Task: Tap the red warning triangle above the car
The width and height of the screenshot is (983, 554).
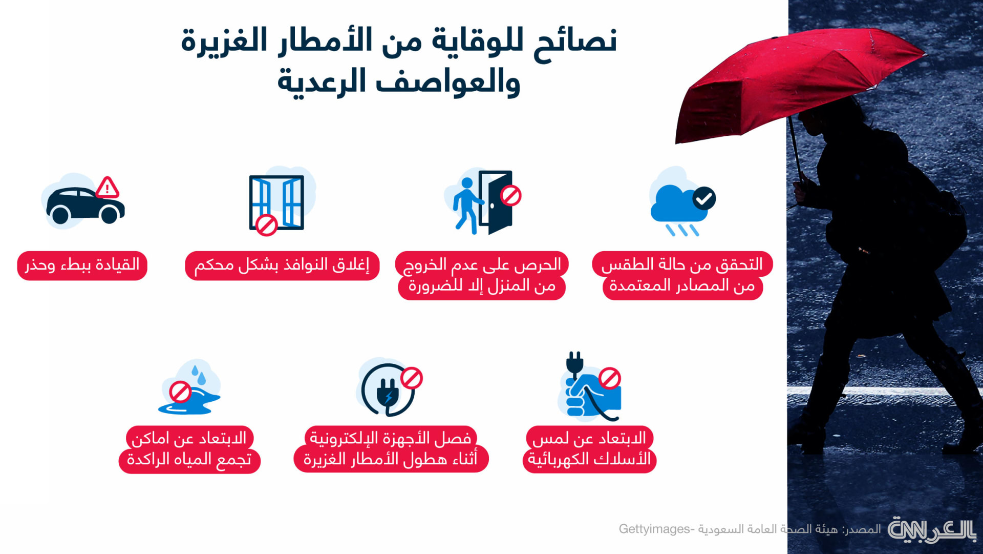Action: pyautogui.click(x=108, y=188)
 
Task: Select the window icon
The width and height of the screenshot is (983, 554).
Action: pyautogui.click(x=277, y=202)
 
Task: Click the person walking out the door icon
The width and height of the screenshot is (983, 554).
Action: pyautogui.click(x=483, y=202)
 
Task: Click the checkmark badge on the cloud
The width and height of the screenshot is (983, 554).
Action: pyautogui.click(x=704, y=198)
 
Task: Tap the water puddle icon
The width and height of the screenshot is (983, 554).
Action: pyautogui.click(x=189, y=389)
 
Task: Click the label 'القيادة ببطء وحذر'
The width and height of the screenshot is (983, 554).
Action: pyautogui.click(x=82, y=265)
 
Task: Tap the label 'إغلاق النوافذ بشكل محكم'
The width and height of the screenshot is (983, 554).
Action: pyautogui.click(x=282, y=265)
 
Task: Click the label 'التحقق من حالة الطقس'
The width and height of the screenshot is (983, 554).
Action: pyautogui.click(x=682, y=264)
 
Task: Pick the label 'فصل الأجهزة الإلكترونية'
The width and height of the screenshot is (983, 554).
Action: pyautogui.click(x=391, y=438)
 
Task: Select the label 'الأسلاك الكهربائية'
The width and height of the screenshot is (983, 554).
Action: pyautogui.click(x=589, y=459)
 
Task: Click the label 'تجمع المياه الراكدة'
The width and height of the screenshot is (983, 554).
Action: pyautogui.click(x=189, y=460)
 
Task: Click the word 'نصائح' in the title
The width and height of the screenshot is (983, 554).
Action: pyautogui.click(x=575, y=41)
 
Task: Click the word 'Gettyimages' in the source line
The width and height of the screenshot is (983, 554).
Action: pyautogui.click(x=655, y=529)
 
